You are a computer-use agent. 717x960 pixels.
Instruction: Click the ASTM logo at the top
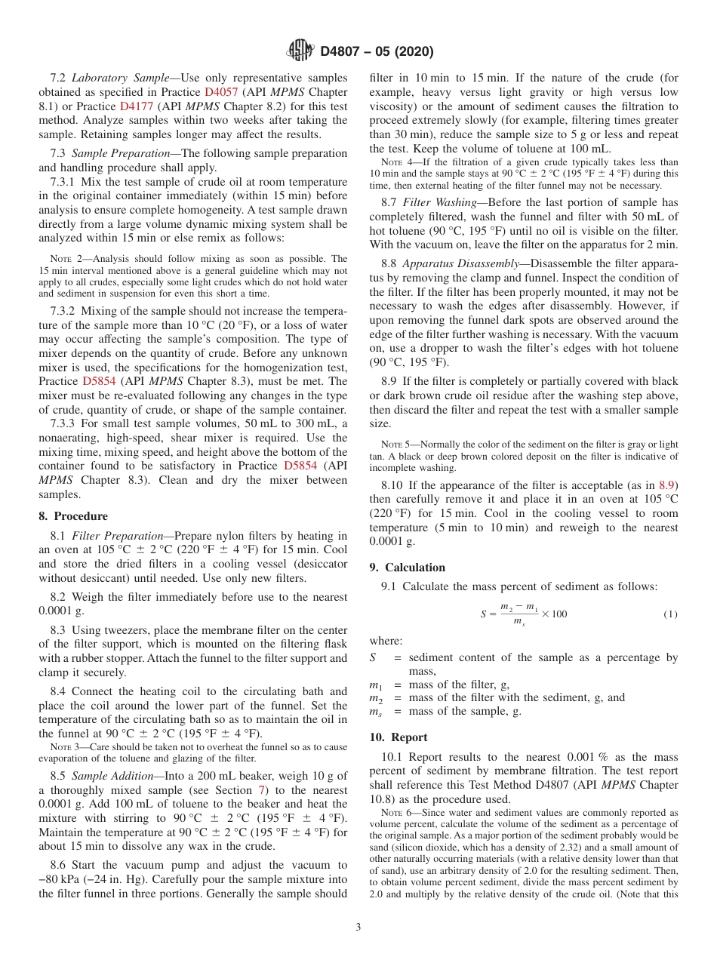point(300,51)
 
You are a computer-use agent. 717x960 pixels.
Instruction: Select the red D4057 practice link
point(220,91)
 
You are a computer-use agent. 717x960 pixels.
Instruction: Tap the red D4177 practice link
point(135,106)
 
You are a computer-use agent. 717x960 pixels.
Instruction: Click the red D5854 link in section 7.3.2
point(100,382)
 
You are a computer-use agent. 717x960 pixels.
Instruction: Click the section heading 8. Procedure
point(73,516)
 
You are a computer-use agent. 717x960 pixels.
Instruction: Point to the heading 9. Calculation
point(408,568)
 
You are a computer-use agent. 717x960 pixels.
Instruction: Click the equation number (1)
point(670,614)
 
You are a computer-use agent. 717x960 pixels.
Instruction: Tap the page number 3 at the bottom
point(358,928)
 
